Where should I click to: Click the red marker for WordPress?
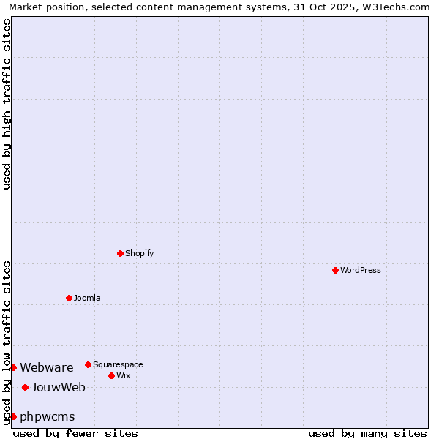pos(335,270)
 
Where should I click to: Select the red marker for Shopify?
pos(120,253)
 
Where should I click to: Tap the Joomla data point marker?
pos(69,298)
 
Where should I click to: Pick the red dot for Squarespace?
pos(88,364)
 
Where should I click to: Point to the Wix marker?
pos(111,375)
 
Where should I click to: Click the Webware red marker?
pos(13,367)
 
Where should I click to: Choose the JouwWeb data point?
pos(25,387)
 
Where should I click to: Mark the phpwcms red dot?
pos(13,416)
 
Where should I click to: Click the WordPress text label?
pos(360,270)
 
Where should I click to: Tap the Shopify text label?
pos(139,253)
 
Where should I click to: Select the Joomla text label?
pos(87,298)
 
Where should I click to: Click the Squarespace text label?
pos(118,364)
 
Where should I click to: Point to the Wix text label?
pos(123,375)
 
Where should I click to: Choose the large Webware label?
pos(47,367)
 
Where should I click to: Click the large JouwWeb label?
pos(59,387)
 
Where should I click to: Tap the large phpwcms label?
pos(48,416)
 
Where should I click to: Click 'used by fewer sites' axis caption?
pos(75,433)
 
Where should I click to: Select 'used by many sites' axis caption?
pos(367,433)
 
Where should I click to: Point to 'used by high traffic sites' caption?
pos(7,104)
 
